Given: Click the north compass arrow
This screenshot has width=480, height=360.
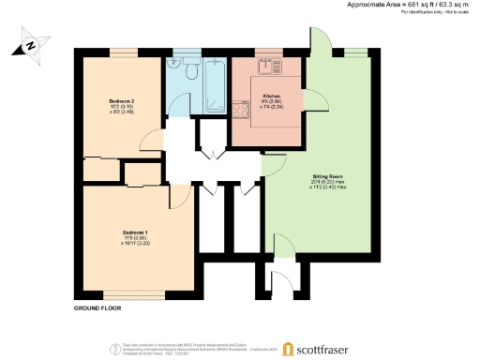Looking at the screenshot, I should point(30,44).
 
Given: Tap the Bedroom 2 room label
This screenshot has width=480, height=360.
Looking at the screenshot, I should point(122,105).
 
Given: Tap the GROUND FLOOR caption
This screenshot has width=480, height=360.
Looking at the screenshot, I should point(99,307).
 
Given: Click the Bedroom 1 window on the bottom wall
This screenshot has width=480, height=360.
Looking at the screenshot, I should point(142,292).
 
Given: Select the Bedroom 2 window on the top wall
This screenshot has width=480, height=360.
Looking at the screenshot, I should point(122,50).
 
